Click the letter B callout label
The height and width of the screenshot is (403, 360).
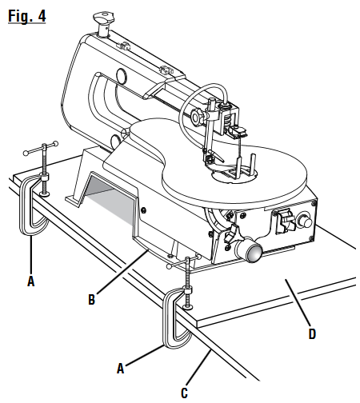[x=91, y=301]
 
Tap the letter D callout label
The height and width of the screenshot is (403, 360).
[x=311, y=333]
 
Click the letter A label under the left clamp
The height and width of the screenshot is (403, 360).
[x=30, y=281]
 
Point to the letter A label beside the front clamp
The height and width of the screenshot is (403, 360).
[x=121, y=369]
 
